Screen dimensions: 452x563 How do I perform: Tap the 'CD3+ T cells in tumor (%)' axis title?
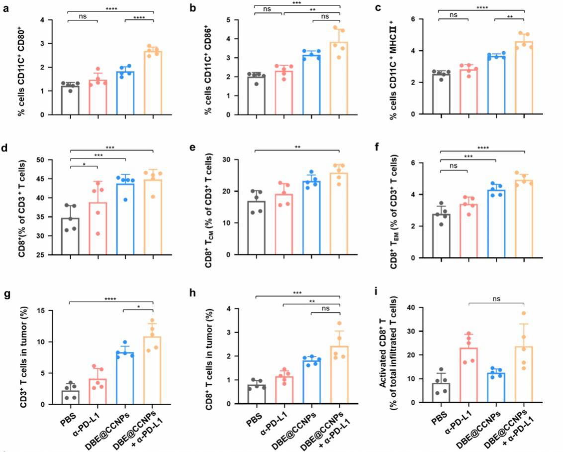pyautogui.click(x=23, y=356)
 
